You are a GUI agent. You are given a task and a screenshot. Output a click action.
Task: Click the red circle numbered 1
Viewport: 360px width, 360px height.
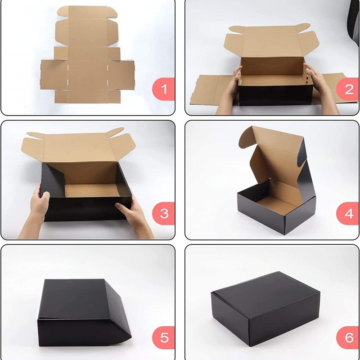163,89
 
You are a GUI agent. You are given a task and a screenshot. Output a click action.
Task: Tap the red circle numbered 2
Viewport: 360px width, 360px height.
347,89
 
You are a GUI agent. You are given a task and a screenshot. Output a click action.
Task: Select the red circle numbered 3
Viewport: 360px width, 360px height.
163,213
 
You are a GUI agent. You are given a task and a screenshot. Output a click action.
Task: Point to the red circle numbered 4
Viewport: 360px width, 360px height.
347,213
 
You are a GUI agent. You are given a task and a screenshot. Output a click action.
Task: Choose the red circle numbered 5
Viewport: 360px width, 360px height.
163,337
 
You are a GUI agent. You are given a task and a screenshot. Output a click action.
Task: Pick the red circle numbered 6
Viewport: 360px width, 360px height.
347,337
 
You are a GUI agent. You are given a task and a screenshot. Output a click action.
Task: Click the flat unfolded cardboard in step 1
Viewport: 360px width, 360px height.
87,55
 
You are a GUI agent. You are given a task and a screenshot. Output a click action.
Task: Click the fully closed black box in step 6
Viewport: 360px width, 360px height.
265,309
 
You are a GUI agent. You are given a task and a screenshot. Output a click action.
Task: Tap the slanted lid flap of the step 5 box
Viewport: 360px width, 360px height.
118,310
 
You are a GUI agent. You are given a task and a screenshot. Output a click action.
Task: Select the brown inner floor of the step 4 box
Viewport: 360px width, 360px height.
277,204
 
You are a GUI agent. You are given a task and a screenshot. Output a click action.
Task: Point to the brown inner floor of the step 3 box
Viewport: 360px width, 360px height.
92,190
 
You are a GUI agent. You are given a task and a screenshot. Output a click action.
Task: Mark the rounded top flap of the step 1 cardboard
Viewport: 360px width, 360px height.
87,12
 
